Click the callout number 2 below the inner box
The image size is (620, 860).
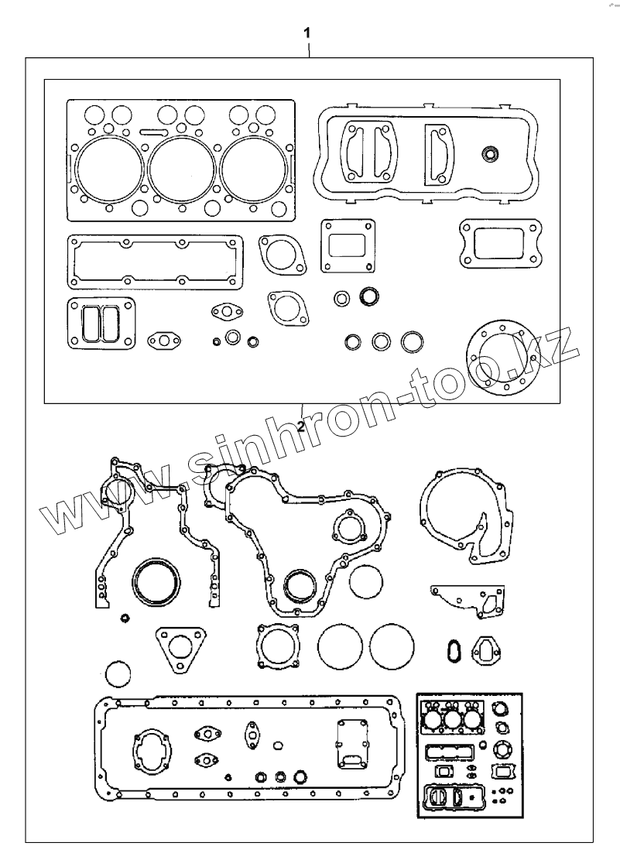(300, 425)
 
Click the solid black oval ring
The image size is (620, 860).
(453, 651)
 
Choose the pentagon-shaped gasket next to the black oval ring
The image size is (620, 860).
(485, 648)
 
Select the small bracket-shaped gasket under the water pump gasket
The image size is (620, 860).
(470, 600)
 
